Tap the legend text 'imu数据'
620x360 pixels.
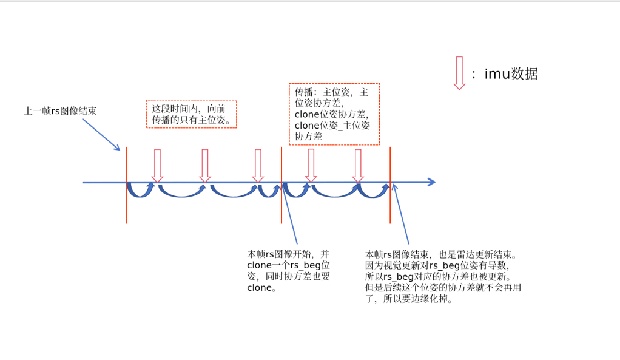(x=511, y=74)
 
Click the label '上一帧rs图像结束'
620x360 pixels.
(x=60, y=111)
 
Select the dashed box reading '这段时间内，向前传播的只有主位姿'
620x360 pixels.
(x=192, y=114)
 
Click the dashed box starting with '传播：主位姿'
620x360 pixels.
(x=334, y=114)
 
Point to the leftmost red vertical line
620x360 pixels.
(x=126, y=185)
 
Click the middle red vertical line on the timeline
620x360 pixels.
(x=281, y=185)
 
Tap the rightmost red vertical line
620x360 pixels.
(x=389, y=185)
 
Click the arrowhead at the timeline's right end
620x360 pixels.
(x=431, y=182)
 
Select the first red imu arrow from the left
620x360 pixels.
(x=157, y=165)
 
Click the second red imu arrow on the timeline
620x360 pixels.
(x=204, y=165)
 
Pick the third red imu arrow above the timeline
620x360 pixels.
(x=258, y=165)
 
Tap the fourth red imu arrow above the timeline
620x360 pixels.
(x=311, y=165)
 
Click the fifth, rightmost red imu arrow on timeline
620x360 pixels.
(x=358, y=165)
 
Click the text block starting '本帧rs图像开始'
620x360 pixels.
(x=289, y=270)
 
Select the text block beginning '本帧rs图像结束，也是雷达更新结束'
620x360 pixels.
(x=442, y=276)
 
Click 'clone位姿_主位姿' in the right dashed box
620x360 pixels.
(x=332, y=126)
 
